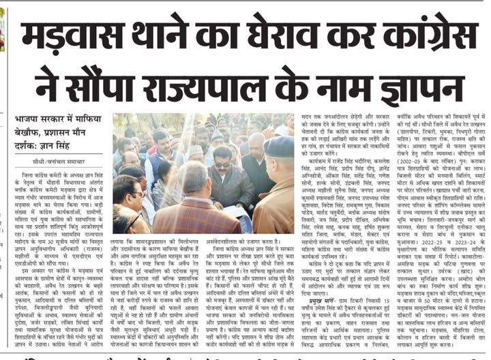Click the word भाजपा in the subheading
[30, 120]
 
